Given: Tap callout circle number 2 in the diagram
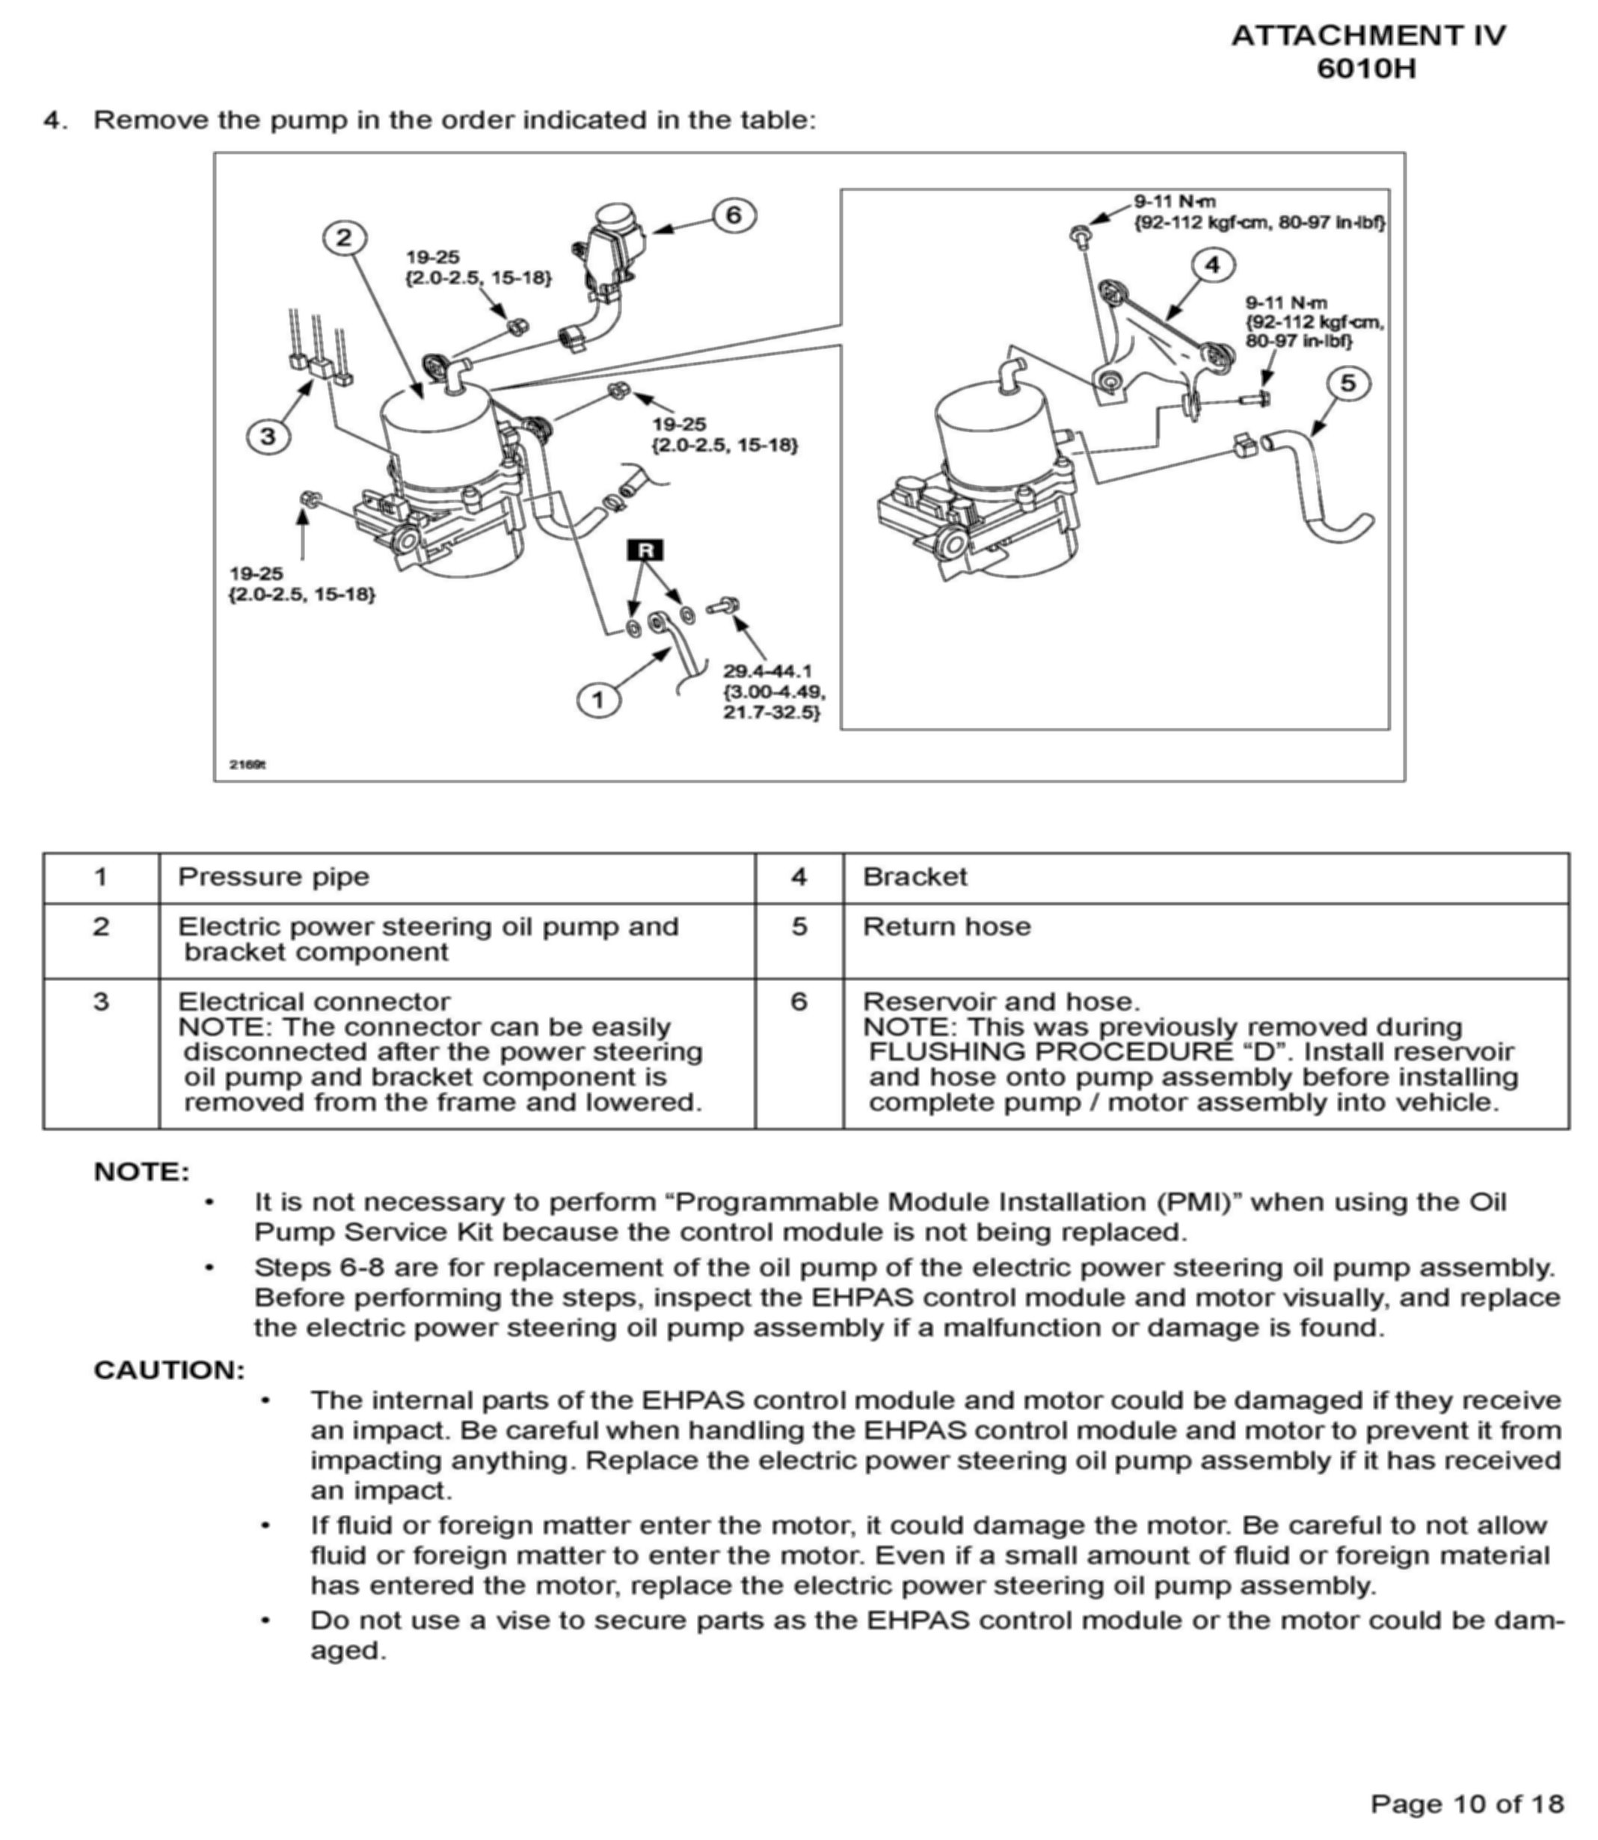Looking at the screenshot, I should click(344, 238).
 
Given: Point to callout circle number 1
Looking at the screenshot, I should click(597, 700).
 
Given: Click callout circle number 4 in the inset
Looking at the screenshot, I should click(1212, 265).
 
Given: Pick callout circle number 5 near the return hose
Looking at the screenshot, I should click(1347, 384).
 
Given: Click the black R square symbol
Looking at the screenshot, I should click(645, 550).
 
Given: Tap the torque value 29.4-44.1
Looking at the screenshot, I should click(767, 671).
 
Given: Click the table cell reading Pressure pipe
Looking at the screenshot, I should click(274, 877).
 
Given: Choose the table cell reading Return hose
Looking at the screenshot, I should click(946, 927).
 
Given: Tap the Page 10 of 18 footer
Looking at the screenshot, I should click(1467, 1803).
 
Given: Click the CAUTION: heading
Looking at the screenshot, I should click(170, 1370).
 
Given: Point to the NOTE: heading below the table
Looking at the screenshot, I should click(143, 1172).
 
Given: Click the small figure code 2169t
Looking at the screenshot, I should click(248, 764).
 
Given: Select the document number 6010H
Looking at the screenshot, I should click(1366, 69).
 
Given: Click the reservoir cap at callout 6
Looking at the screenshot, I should click(615, 217).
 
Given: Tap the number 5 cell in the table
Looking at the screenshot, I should click(799, 927).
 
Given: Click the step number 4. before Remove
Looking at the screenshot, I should click(55, 120).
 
